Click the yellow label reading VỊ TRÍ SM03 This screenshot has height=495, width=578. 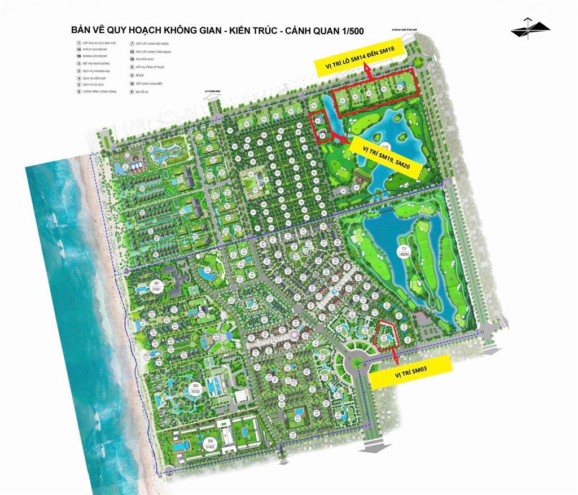(x=411, y=373)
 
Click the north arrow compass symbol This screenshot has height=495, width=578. (x=530, y=28)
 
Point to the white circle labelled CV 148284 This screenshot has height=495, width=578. (x=404, y=251)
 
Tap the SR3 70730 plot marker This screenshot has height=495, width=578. (x=195, y=389)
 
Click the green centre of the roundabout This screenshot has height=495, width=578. (x=361, y=362)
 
